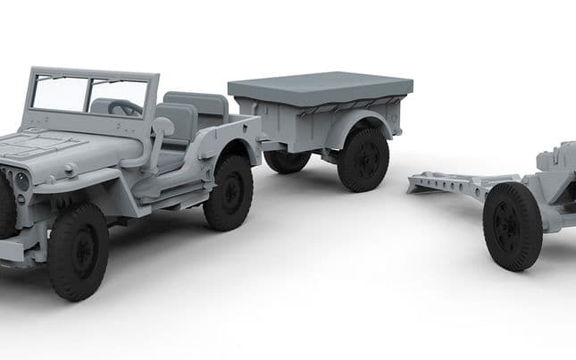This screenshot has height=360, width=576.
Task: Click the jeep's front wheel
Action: tap(79, 251)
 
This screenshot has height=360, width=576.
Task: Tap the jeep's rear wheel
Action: tap(229, 191)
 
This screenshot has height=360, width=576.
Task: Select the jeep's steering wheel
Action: tap(125, 107)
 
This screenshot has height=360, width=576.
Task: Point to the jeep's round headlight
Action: tap(21, 180)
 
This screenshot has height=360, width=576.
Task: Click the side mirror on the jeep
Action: tap(164, 126)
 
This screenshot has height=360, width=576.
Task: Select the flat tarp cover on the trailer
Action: tap(320, 87)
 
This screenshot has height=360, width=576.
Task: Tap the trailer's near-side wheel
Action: tap(363, 160)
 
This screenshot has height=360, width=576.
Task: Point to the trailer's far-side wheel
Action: tap(287, 161)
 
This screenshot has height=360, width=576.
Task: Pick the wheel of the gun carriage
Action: tap(513, 226)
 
